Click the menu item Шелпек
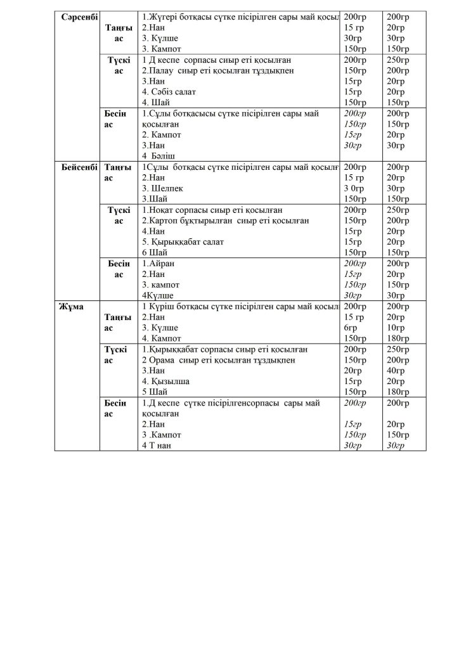coord(167,188)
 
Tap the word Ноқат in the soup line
coord(163,210)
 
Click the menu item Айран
coord(161,263)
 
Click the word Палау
coord(161,70)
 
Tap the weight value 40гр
coord(397,371)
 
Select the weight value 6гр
coord(351,328)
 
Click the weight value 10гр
coord(397,328)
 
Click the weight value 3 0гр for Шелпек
coord(356,188)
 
